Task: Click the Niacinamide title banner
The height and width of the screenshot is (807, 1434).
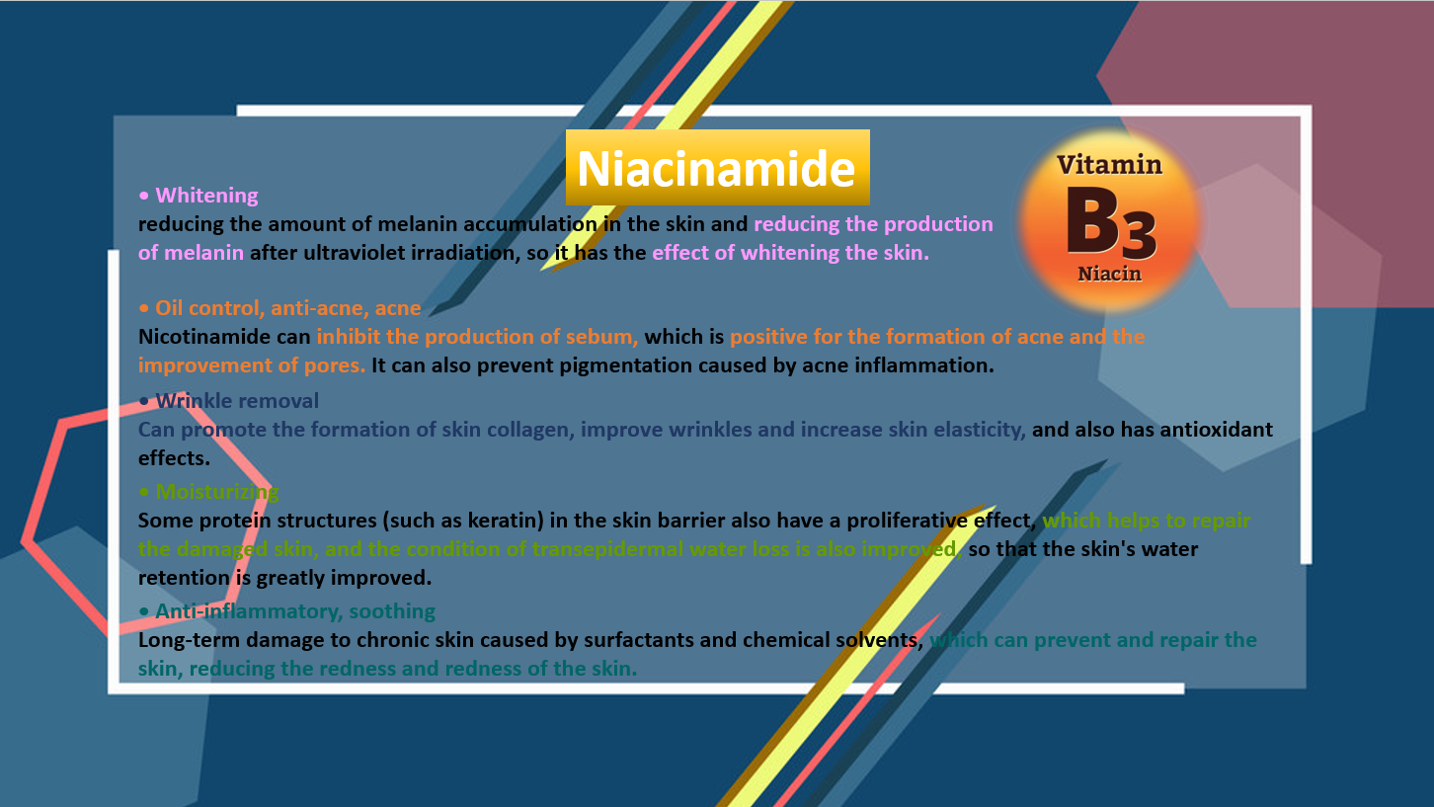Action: (718, 168)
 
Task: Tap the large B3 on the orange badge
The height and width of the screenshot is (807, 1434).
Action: (1111, 223)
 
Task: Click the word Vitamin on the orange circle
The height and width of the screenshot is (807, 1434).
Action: (1109, 165)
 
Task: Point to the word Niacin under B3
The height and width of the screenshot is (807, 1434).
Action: (1109, 274)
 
